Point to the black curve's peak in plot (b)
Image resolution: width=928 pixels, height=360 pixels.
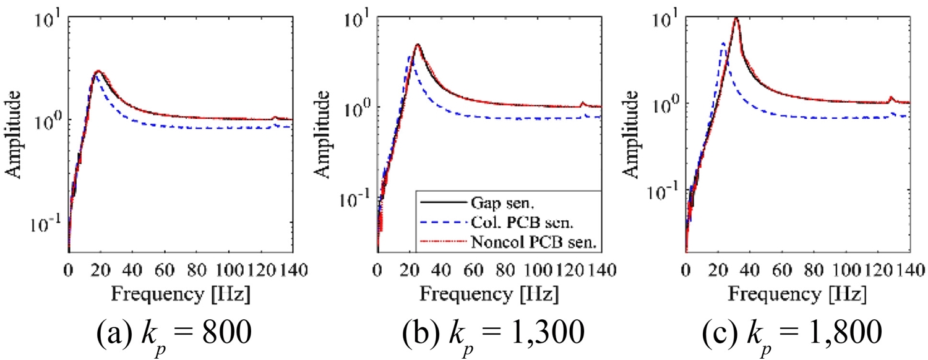click(x=418, y=45)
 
